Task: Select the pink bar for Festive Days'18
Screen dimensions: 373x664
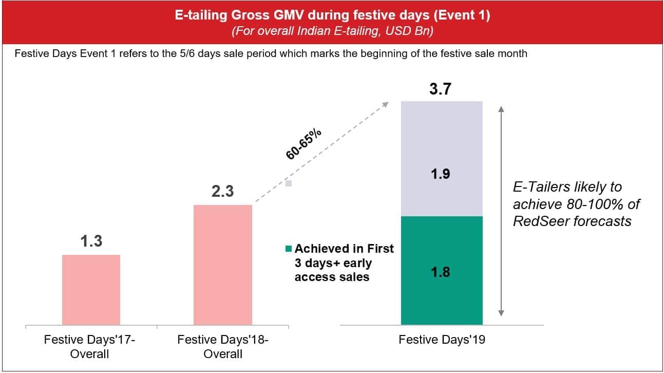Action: pyautogui.click(x=222, y=265)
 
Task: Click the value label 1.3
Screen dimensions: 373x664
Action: pyautogui.click(x=91, y=241)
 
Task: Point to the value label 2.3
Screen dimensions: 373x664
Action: pyautogui.click(x=222, y=191)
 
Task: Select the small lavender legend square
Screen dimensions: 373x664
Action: pyautogui.click(x=289, y=183)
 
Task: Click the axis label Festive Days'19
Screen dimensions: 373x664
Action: pyautogui.click(x=441, y=340)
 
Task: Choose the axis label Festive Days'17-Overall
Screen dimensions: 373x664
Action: pyautogui.click(x=91, y=346)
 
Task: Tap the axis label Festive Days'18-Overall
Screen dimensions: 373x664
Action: pyautogui.click(x=223, y=346)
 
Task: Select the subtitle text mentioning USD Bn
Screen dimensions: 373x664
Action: pyautogui.click(x=332, y=31)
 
